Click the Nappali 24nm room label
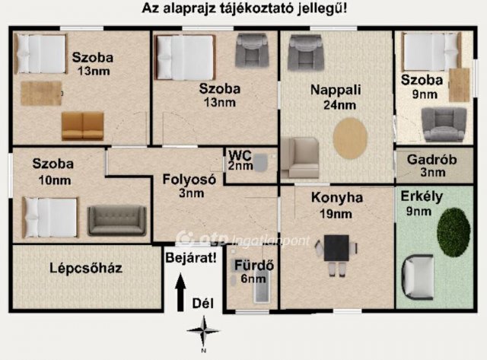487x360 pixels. click(x=336, y=96)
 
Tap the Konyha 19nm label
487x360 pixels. click(x=337, y=205)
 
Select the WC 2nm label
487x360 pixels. click(x=240, y=160)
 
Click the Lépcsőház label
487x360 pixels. click(x=86, y=268)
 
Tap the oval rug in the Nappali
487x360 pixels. click(x=350, y=139)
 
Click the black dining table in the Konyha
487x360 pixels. click(x=337, y=247)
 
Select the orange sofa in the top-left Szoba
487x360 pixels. click(x=82, y=126)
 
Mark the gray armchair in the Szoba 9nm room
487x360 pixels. click(x=444, y=123)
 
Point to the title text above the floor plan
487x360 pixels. click(x=243, y=10)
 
